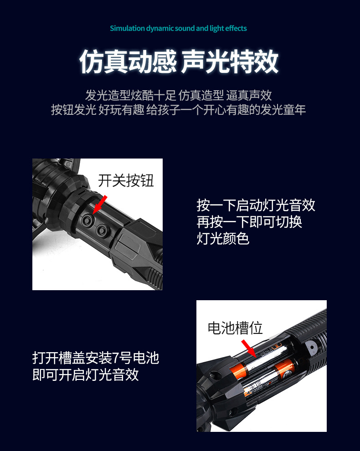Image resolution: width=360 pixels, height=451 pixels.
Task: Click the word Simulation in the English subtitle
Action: (127, 29)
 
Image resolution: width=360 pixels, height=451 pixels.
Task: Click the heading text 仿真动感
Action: (128, 61)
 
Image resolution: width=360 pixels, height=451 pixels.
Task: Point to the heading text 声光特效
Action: (230, 61)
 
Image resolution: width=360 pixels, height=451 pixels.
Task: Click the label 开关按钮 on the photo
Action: (126, 181)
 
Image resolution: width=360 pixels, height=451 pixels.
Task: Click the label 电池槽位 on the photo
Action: (235, 328)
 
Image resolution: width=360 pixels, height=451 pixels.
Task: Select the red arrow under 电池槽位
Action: (249, 347)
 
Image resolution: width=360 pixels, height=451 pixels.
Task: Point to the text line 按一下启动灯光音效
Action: (256, 205)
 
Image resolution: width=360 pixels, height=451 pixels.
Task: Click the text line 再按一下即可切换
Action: (249, 222)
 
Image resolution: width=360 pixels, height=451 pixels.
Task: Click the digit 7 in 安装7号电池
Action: (115, 358)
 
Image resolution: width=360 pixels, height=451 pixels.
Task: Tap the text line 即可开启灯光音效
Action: (86, 374)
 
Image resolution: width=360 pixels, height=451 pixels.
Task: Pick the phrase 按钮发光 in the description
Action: (73, 110)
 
